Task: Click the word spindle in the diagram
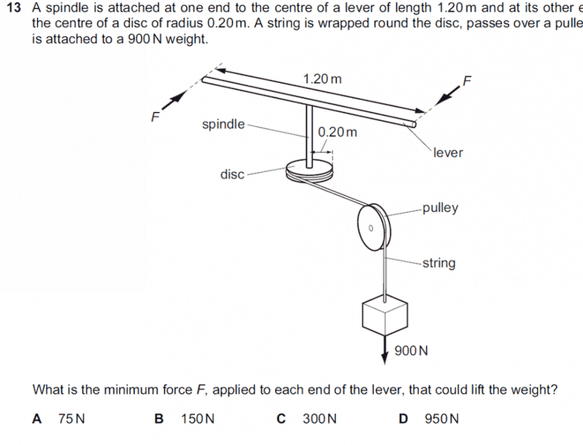223,124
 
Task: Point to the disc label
232,174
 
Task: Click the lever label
448,152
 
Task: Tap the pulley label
440,208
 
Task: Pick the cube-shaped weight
385,315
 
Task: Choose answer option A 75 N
59,418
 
